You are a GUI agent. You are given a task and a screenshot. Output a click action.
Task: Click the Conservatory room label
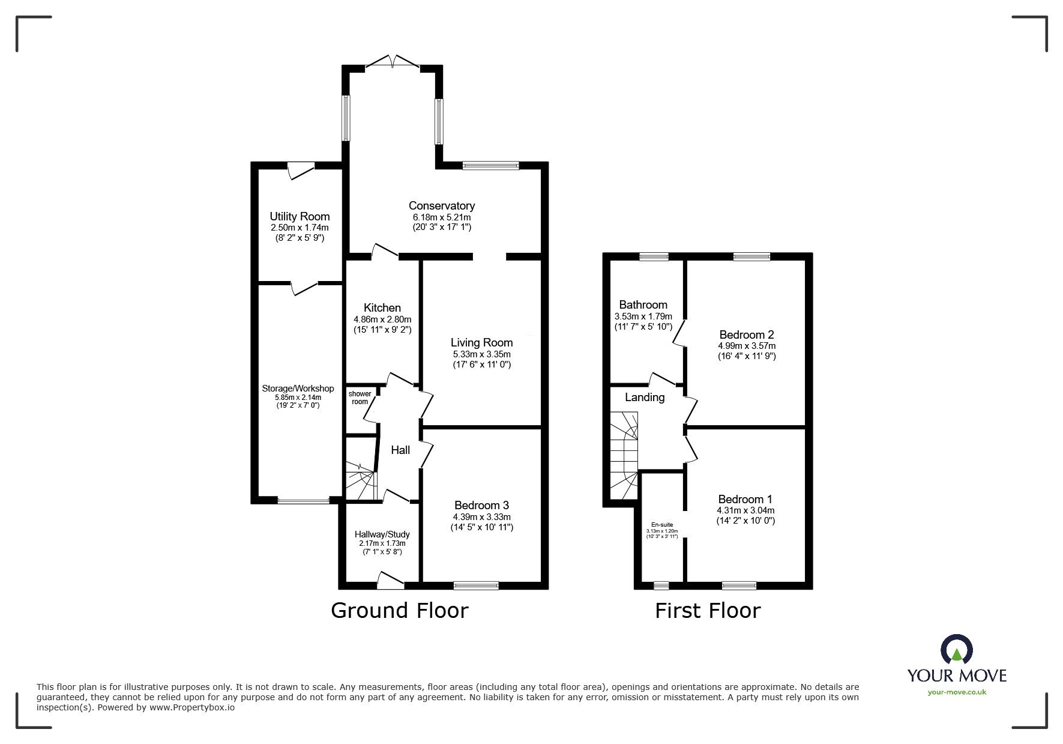click(441, 206)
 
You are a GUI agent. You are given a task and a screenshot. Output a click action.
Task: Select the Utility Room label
click(300, 216)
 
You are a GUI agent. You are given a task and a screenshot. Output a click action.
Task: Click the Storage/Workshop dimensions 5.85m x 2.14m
click(298, 397)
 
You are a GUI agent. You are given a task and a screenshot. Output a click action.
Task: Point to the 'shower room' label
click(360, 398)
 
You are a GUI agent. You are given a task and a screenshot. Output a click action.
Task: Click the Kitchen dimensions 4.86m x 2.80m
click(382, 319)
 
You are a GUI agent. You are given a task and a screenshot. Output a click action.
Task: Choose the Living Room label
click(481, 342)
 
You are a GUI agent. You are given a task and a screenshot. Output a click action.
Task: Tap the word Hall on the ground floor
click(400, 450)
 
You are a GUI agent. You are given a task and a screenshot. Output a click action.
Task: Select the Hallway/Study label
click(382, 534)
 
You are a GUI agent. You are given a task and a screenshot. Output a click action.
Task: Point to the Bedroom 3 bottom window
click(476, 585)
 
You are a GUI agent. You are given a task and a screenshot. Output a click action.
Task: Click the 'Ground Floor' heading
click(399, 610)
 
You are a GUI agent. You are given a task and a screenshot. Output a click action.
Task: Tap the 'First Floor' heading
click(707, 610)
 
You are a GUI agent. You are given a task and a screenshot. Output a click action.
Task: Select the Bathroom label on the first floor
click(643, 304)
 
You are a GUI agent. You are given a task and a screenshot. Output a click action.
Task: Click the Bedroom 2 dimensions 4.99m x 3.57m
click(746, 346)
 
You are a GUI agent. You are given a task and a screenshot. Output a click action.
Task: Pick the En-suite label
click(662, 524)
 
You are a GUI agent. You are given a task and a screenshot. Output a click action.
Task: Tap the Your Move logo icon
click(956, 652)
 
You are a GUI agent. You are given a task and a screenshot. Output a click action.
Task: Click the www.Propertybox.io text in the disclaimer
click(192, 707)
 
